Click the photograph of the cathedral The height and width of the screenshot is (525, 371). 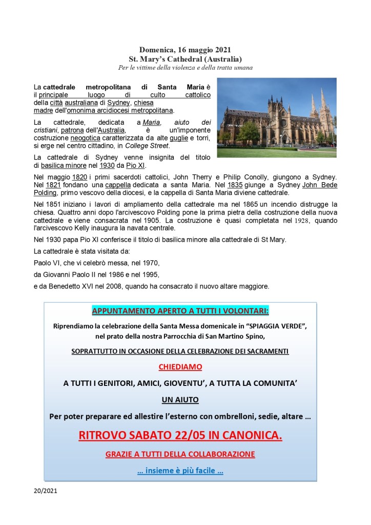coord(276,118)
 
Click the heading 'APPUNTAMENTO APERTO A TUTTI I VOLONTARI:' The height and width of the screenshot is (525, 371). coord(180,311)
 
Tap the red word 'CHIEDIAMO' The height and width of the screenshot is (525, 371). coord(180,367)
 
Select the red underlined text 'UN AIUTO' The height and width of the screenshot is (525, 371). coord(180,399)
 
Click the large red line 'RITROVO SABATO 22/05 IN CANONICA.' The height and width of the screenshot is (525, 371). coord(180,436)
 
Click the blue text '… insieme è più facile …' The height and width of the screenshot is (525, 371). coord(180,471)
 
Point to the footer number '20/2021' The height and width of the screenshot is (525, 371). coord(43,491)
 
